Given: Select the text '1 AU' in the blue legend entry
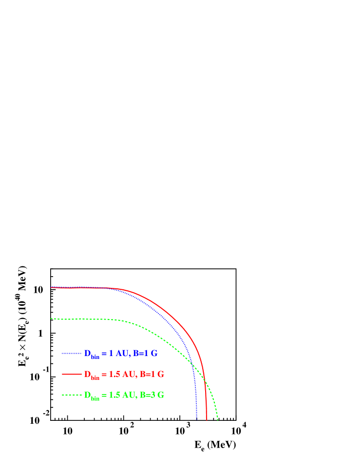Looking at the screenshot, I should click(118, 353).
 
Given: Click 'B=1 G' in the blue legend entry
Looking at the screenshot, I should click(145, 353).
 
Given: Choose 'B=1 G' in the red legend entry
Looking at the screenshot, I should click(152, 374).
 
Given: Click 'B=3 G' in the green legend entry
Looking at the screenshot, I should click(152, 395).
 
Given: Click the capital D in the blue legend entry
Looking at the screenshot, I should click(87, 353).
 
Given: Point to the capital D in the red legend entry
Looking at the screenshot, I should click(87, 374).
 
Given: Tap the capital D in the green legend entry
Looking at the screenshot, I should click(87, 395).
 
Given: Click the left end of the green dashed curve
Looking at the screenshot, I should click(51, 319).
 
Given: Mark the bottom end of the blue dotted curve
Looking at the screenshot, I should click(196, 418).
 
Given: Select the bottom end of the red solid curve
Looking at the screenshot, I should click(207, 419).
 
